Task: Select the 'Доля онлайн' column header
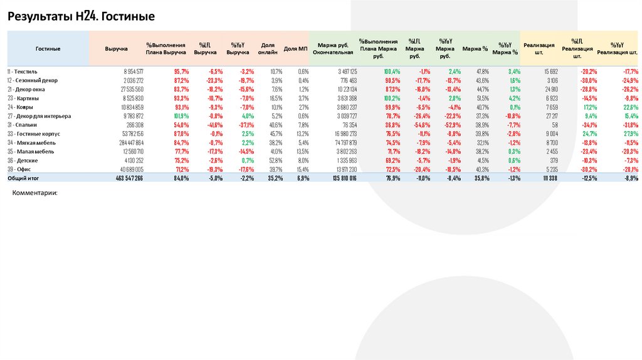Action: [x=268, y=48]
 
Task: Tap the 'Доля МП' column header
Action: [x=295, y=48]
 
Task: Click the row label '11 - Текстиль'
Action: [x=23, y=71]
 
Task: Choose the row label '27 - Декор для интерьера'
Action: [x=39, y=116]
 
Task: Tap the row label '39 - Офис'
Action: [x=20, y=169]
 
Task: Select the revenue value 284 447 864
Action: [x=130, y=143]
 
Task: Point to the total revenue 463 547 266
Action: [x=129, y=179]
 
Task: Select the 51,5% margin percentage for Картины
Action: [x=483, y=98]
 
